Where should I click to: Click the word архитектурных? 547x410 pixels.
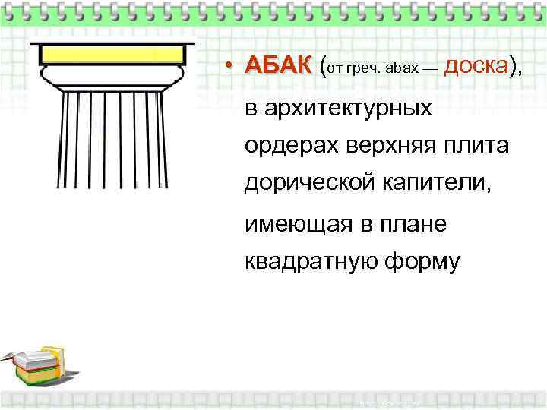[339, 109]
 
